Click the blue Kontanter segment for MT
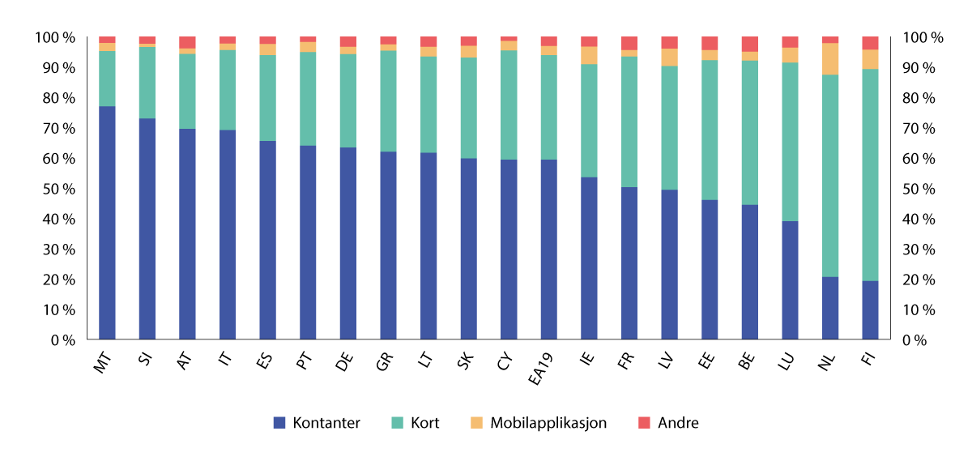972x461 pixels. click(x=107, y=223)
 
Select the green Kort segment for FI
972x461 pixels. click(x=870, y=175)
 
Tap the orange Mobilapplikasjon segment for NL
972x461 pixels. click(x=830, y=58)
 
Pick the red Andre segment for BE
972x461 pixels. click(x=750, y=44)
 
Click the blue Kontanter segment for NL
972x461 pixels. click(x=830, y=308)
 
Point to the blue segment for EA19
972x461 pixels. click(x=548, y=250)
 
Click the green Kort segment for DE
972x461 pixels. click(x=347, y=100)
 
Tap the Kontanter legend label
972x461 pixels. click(x=326, y=422)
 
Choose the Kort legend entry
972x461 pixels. click(x=424, y=422)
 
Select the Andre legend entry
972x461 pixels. click(x=678, y=422)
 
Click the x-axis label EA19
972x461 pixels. click(x=544, y=365)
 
